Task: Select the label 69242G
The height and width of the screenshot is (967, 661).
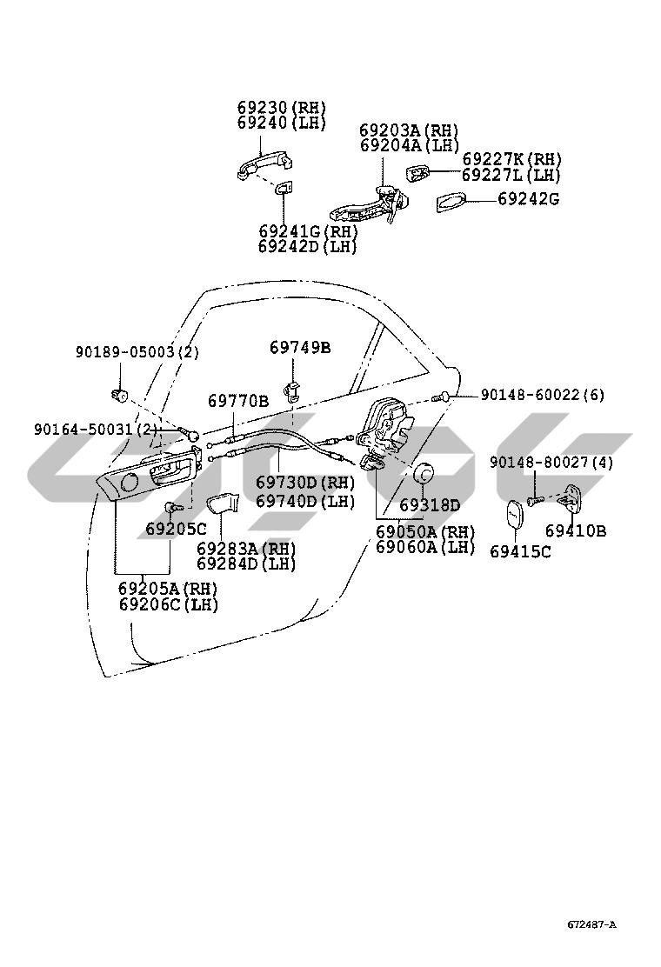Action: click(528, 199)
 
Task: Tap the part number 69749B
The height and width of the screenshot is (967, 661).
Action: click(299, 348)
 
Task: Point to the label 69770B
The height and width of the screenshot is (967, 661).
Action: click(237, 401)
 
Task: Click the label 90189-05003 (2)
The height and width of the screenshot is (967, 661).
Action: click(137, 352)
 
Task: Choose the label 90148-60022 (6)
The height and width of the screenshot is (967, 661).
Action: click(542, 395)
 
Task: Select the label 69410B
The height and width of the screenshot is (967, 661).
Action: click(576, 530)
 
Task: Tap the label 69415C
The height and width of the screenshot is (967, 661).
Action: click(520, 551)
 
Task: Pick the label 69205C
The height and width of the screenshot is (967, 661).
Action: click(176, 529)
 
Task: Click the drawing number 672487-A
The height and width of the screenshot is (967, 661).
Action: click(592, 924)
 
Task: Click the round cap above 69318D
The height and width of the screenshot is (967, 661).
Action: click(424, 474)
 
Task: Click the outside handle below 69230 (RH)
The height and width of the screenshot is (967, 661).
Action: click(259, 164)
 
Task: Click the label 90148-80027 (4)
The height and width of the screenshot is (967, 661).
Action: click(551, 463)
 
